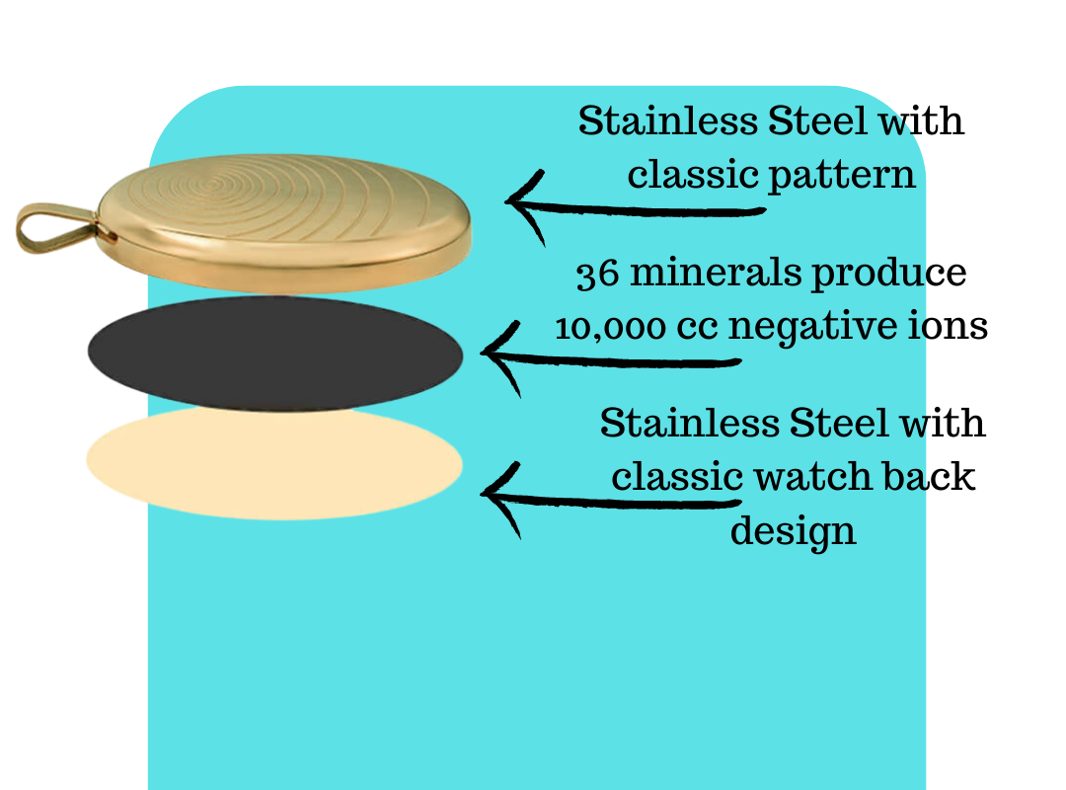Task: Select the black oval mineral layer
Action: pos(274,352)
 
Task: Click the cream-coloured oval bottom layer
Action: pos(273,463)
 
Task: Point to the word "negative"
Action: pos(824,327)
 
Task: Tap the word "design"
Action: pos(793,530)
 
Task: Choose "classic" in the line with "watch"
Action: pos(677,477)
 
